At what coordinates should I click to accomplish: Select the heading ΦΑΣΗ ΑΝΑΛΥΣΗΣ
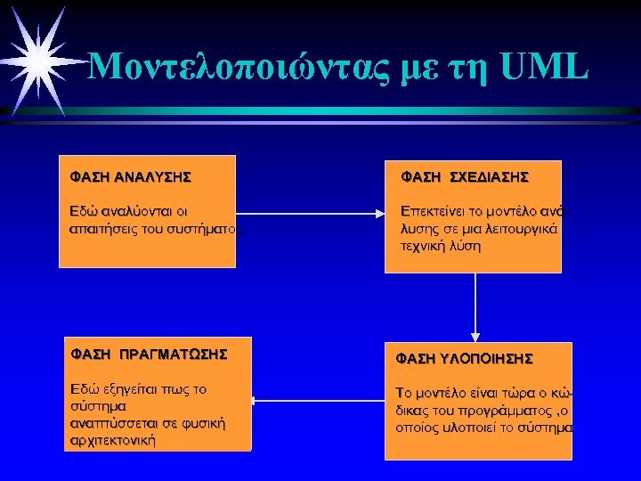(x=130, y=176)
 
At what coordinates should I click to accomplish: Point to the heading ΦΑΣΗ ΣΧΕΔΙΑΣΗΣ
(x=465, y=177)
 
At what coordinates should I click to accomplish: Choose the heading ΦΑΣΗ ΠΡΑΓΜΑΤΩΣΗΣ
(x=149, y=355)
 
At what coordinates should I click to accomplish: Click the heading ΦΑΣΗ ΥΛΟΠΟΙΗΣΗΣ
(x=464, y=358)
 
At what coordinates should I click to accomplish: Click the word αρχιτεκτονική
(x=112, y=440)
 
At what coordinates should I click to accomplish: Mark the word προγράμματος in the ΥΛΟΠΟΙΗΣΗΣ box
(x=498, y=411)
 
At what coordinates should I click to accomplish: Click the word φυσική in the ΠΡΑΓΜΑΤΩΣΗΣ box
(x=203, y=423)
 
